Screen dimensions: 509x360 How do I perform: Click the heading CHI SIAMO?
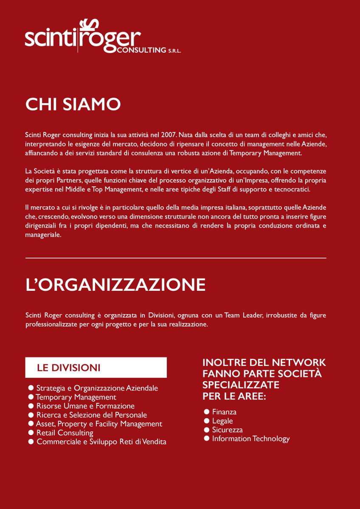73,104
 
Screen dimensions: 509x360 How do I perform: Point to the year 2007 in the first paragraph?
163,135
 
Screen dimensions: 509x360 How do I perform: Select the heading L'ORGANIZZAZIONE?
115,285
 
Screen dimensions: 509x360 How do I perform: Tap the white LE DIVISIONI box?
96,368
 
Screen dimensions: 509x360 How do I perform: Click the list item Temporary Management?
76,397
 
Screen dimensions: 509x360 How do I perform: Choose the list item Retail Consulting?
65,433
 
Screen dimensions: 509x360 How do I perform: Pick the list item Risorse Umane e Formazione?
85,406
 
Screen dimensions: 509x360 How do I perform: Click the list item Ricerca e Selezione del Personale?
91,415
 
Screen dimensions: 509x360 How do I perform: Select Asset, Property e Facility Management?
99,424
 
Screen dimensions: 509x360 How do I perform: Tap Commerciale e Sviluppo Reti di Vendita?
101,442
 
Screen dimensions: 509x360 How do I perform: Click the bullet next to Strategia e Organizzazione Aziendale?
31,388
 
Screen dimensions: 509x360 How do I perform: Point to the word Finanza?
224,412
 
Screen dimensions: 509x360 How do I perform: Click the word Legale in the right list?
222,421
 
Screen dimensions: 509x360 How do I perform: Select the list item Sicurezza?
227,430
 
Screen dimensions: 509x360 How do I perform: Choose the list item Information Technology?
250,439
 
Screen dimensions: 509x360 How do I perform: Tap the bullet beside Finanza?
207,412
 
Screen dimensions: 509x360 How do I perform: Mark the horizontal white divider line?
176,258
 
